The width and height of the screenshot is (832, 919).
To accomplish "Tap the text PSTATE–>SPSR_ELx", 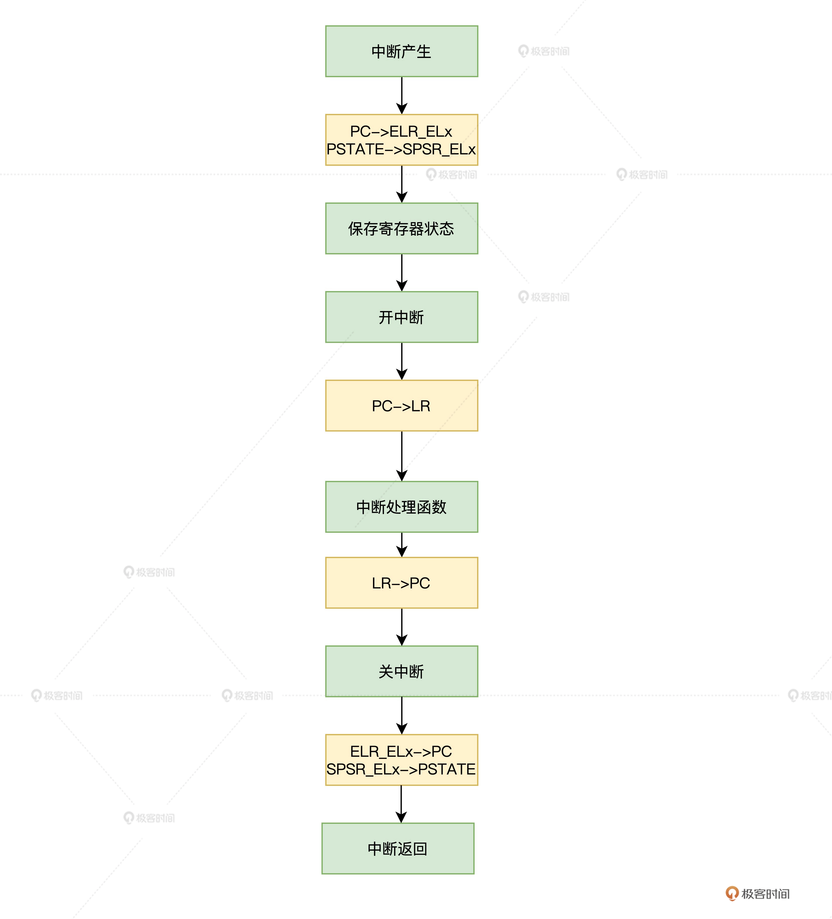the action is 401,149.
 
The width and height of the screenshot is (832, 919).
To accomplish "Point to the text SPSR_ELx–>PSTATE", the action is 401,769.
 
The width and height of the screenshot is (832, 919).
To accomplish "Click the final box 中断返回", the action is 398,848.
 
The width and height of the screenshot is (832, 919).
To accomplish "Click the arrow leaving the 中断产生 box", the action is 402,95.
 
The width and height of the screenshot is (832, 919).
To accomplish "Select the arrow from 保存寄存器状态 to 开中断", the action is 402,273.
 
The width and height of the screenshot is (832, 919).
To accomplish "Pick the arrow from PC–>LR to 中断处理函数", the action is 402,456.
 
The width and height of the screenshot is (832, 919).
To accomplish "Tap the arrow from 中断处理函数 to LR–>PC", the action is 402,545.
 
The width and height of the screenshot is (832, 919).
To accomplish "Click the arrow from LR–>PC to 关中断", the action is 402,627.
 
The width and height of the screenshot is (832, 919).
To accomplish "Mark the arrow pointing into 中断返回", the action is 401,804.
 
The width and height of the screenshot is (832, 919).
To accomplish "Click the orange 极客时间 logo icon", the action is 732,893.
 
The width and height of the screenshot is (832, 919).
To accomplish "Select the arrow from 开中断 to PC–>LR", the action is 402,361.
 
